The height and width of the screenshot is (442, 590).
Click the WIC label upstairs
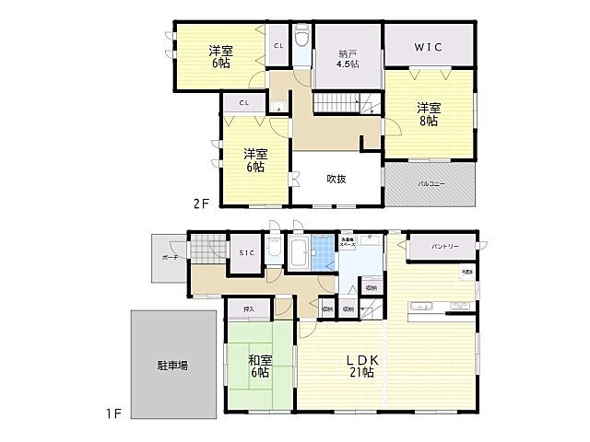pyautogui.click(x=430, y=43)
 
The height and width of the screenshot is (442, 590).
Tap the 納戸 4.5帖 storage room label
pyautogui.click(x=348, y=58)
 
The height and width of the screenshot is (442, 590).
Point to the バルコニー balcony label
pyautogui.click(x=431, y=184)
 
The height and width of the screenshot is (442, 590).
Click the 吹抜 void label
pyautogui.click(x=336, y=179)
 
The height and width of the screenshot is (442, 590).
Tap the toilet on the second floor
pyautogui.click(x=302, y=42)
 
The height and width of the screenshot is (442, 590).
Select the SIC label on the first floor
pyautogui.click(x=246, y=252)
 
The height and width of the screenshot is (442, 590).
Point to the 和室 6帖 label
pyautogui.click(x=259, y=366)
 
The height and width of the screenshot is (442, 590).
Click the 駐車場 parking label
pyautogui.click(x=172, y=366)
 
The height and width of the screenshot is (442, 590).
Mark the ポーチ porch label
pyautogui.click(x=169, y=257)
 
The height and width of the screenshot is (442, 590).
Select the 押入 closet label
pyautogui.click(x=249, y=309)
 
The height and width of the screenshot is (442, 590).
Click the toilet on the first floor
pyautogui.click(x=274, y=249)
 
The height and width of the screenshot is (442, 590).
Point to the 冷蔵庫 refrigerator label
pyautogui.click(x=467, y=272)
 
